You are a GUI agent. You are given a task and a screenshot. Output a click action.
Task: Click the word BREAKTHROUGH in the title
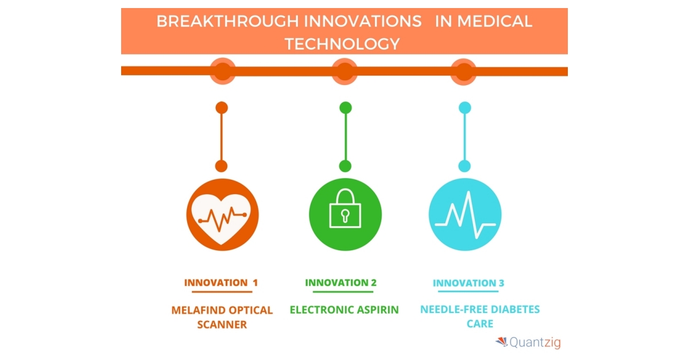pos(227,22)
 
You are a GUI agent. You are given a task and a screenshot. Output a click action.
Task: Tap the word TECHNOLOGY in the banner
pos(342,44)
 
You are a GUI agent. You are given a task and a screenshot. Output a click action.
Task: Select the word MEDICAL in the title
pos(495,22)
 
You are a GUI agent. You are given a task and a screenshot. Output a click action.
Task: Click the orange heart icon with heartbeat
pos(222,215)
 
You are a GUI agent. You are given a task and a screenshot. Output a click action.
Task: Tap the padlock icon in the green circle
pos(345,208)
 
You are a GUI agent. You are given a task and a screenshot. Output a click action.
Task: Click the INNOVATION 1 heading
pos(221,282)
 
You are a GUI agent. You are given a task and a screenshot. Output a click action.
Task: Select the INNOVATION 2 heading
pos(341,282)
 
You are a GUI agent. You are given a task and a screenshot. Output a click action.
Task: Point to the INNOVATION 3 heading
pos(469,282)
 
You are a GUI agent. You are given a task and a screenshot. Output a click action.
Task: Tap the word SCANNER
pos(222,324)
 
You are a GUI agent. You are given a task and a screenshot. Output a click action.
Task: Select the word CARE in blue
pos(480,324)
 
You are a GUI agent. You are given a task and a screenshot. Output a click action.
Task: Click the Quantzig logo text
pos(535,342)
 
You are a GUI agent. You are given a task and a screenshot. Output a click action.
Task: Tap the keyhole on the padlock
pos(345,215)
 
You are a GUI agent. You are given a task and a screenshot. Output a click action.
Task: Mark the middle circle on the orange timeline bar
pos(344,71)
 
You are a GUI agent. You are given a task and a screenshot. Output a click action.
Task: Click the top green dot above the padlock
pos(346,108)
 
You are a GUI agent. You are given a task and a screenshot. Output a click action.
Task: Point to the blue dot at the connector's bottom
pos(465,166)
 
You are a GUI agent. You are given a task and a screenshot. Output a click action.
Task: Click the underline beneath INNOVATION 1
pos(222,292)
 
